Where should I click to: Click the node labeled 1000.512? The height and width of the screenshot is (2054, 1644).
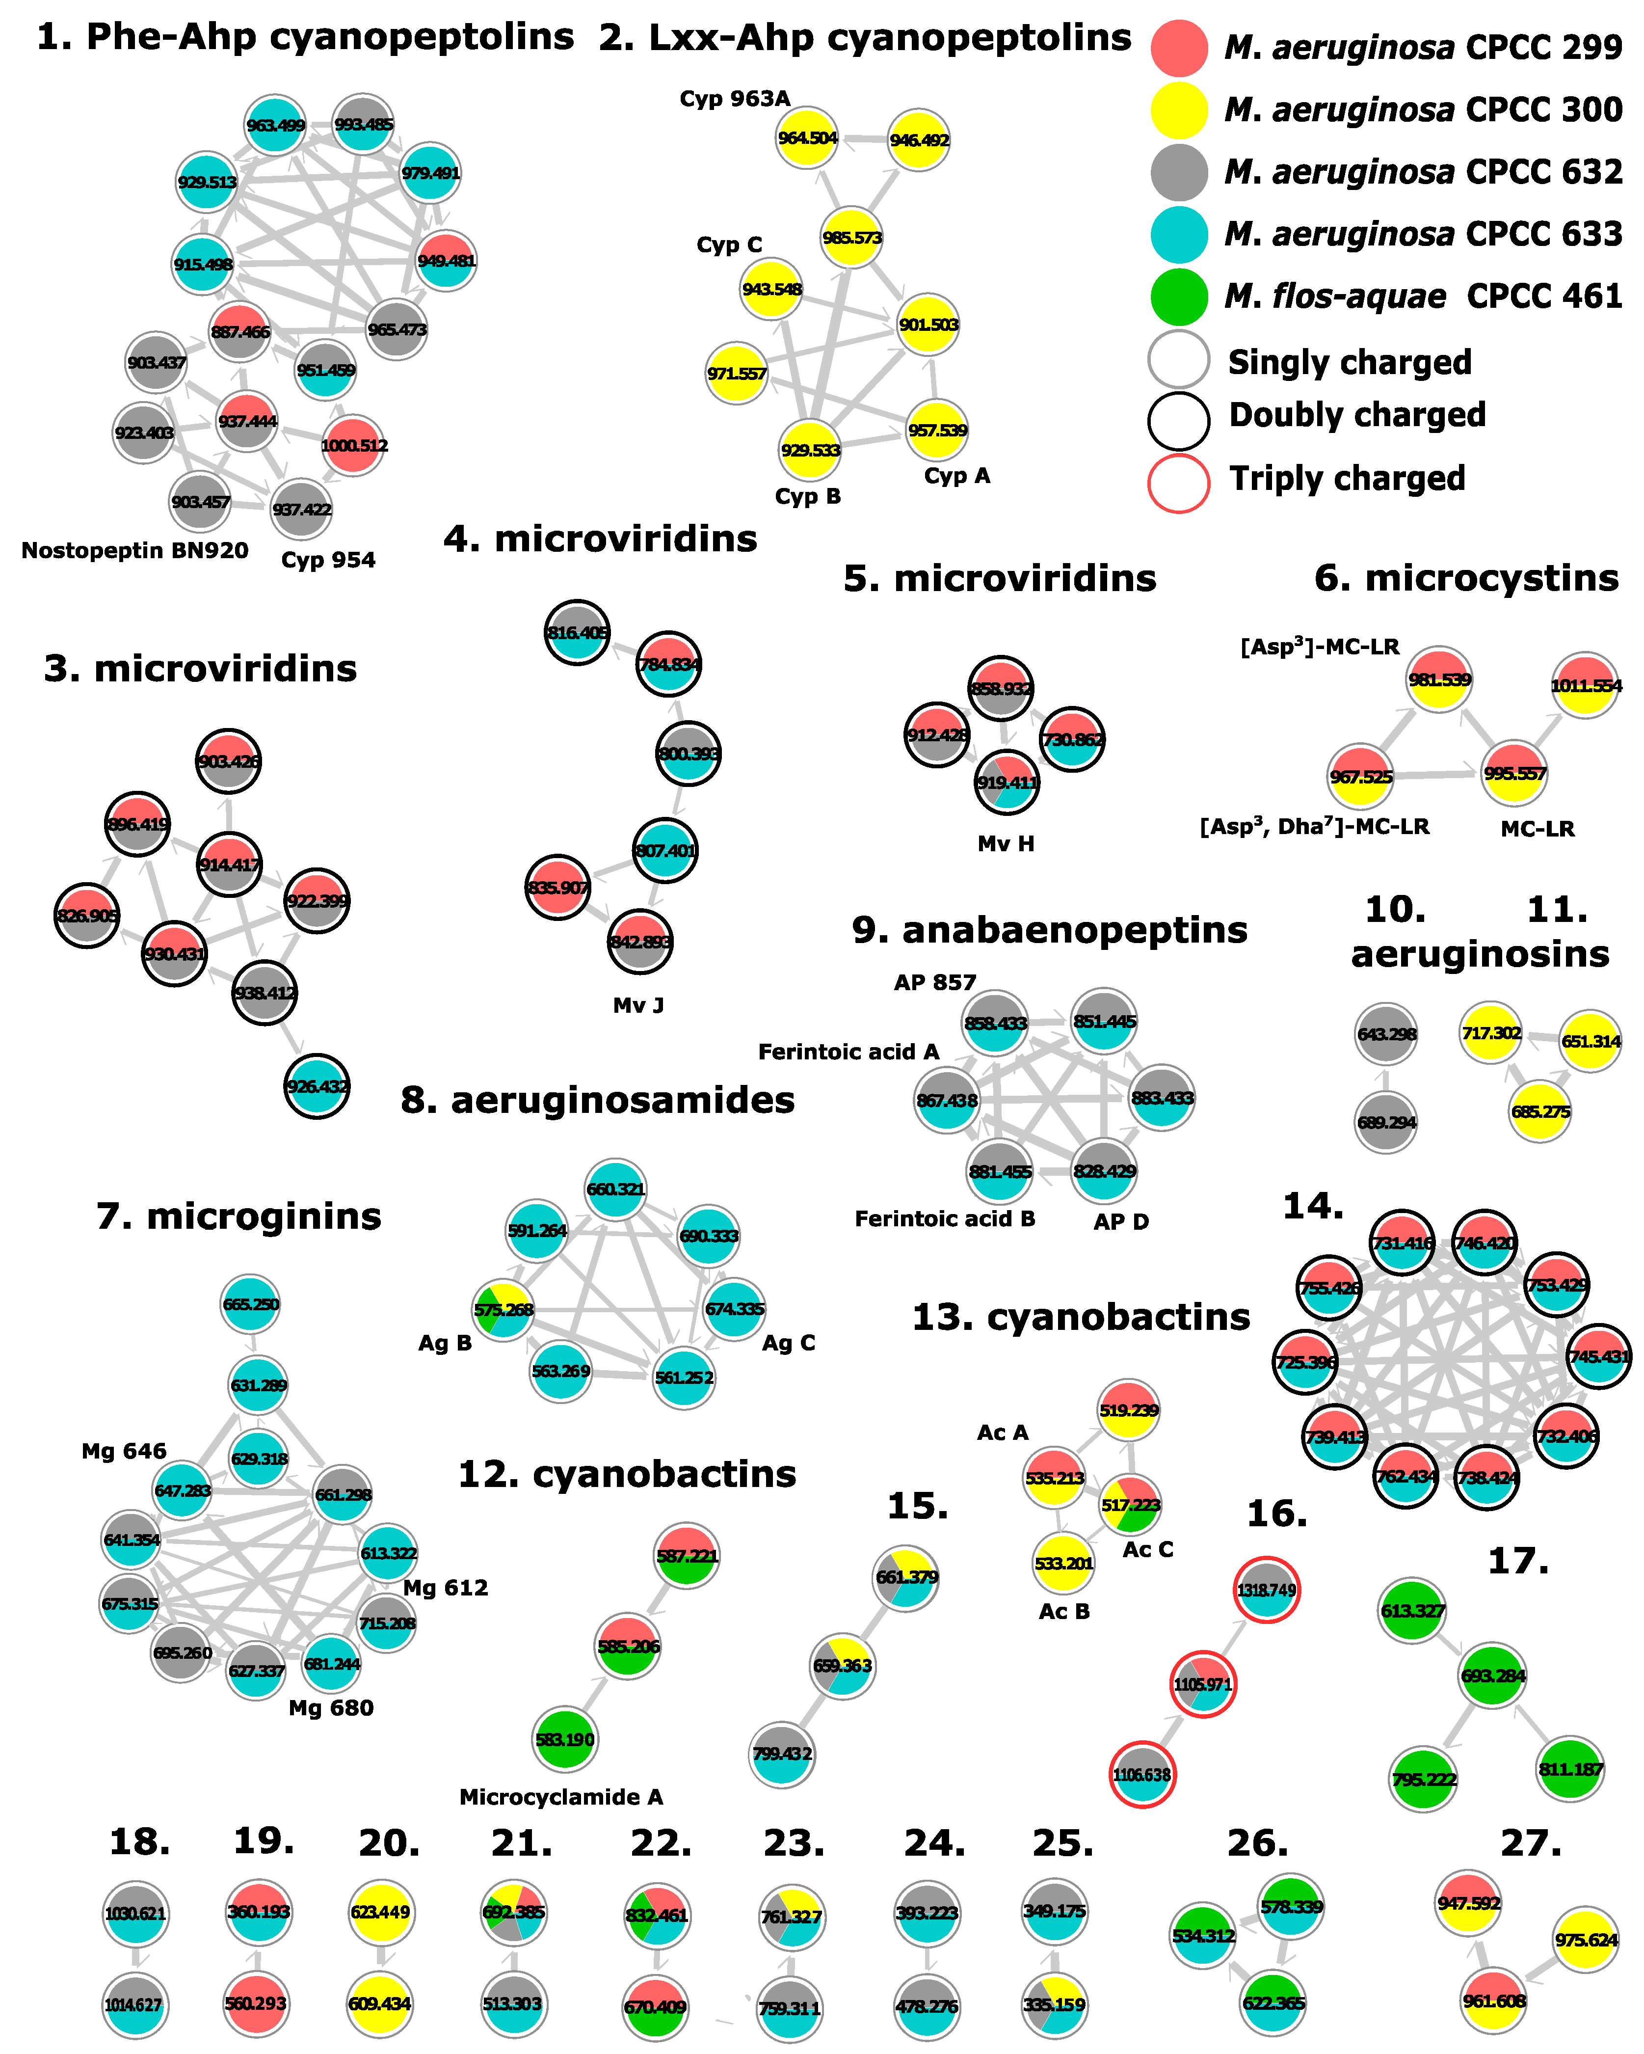[353, 445]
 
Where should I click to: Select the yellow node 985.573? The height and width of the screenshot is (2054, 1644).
[851, 237]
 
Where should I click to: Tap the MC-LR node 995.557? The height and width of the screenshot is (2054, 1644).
[1513, 773]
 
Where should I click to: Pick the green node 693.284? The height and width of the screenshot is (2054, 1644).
[1492, 1675]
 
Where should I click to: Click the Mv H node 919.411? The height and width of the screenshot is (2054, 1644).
[1007, 782]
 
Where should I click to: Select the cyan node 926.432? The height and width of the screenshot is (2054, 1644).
[317, 1086]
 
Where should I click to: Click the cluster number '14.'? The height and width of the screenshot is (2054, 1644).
[1313, 1205]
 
